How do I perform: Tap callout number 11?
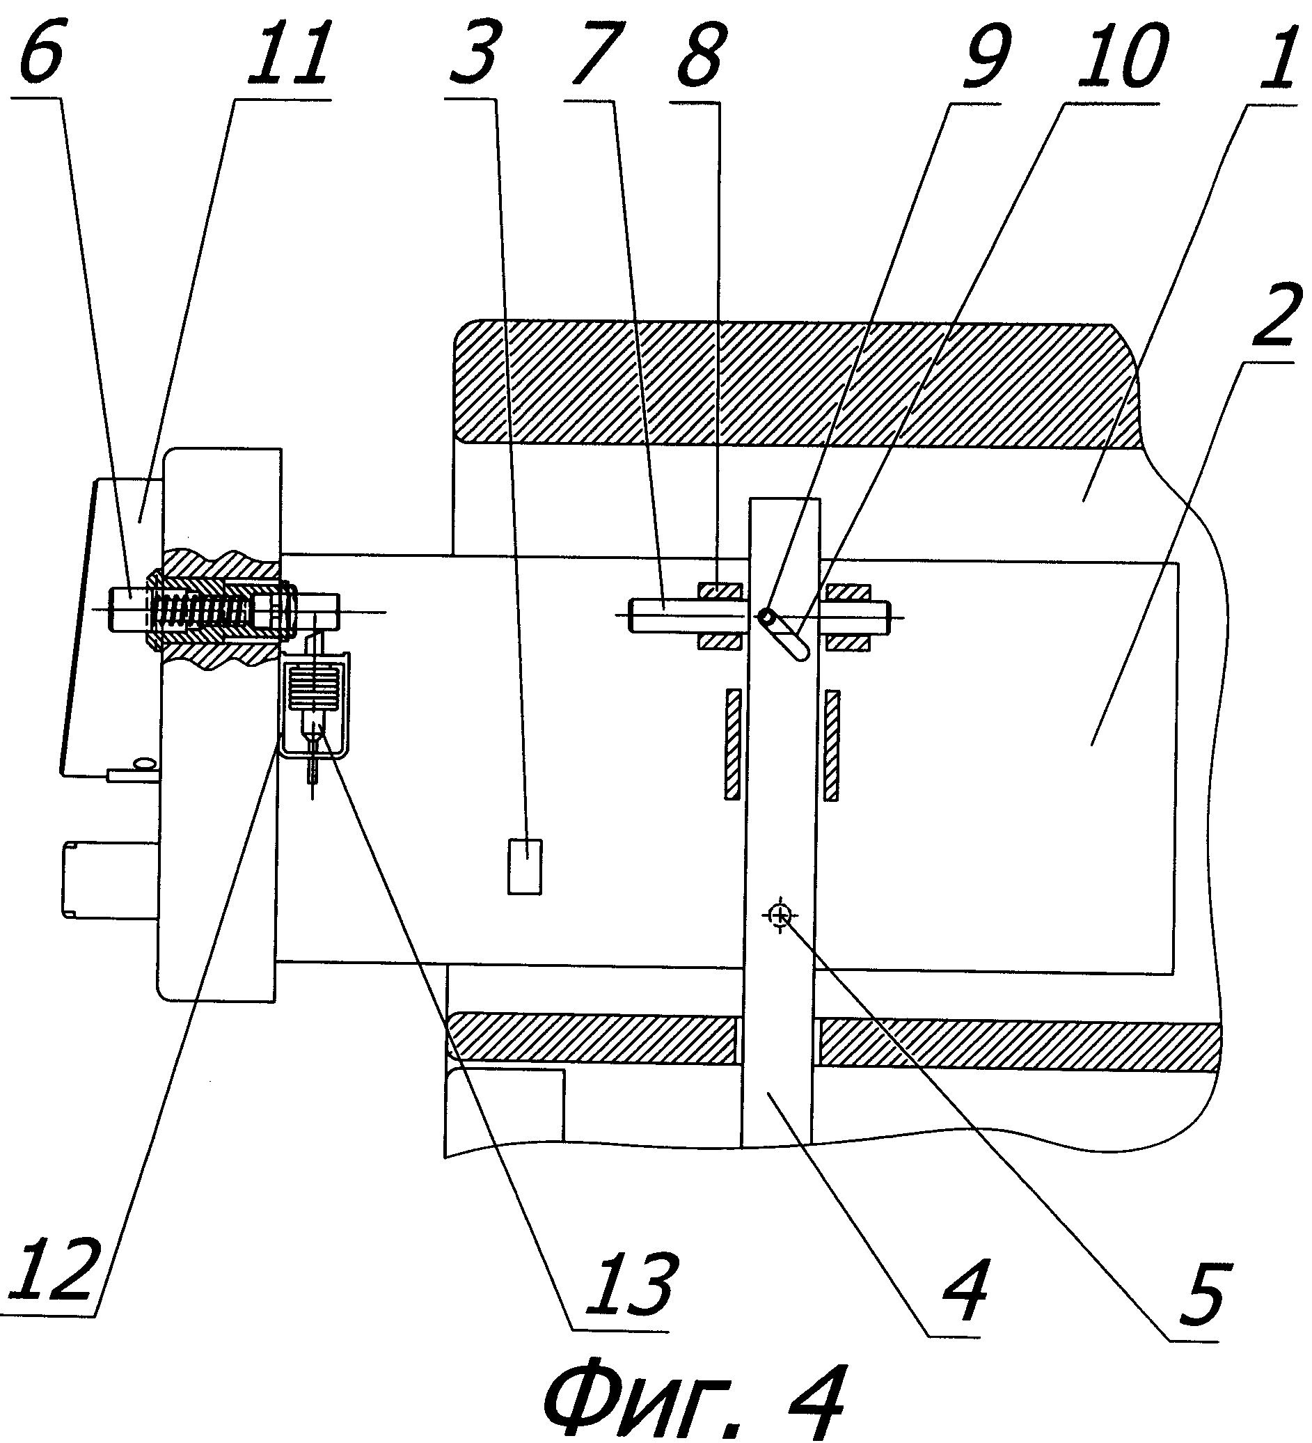(288, 54)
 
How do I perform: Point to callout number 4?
(966, 1288)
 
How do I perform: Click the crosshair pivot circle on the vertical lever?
(780, 915)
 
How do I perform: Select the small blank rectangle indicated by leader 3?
(525, 867)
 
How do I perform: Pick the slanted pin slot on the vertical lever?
(785, 633)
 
